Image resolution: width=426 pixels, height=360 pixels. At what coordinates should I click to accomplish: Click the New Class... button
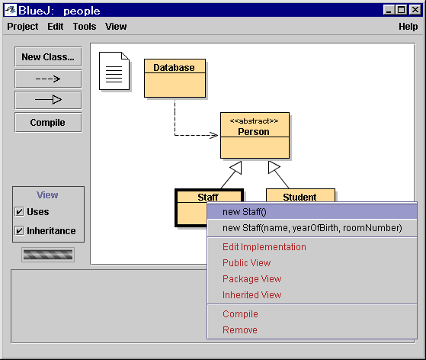pos(48,57)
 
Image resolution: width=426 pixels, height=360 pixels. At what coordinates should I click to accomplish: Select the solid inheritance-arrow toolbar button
pos(48,100)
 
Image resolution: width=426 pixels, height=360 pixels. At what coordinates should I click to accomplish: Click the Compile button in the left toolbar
pos(48,123)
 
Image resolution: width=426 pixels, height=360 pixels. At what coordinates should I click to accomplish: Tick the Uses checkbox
pos(19,211)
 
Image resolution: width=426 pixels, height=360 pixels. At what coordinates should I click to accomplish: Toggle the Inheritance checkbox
pos(19,230)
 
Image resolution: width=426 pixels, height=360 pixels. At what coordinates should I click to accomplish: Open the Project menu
pos(23,27)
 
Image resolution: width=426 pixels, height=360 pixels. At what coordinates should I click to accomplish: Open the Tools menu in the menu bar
pos(85,27)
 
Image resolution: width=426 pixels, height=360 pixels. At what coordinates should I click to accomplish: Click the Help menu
pos(408,27)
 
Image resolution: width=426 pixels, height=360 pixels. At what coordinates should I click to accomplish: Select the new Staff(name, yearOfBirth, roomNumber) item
pos(312,228)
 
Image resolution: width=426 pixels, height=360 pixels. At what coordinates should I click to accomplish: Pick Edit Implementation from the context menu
pos(264,247)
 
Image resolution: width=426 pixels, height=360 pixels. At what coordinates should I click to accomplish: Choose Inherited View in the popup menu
pos(251,294)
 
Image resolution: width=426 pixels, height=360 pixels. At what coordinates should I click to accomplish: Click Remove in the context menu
pos(240,329)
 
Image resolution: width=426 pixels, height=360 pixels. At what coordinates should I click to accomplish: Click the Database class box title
pos(174,67)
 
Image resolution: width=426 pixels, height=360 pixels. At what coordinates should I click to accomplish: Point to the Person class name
pos(254,132)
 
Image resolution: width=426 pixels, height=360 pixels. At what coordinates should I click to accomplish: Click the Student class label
pos(299,197)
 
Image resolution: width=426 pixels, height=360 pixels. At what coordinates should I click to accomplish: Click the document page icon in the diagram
pos(114,71)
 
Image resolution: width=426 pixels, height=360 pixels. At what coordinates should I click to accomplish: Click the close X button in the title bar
pos(415,10)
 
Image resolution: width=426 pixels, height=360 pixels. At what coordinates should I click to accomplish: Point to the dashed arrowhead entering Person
pos(213,135)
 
